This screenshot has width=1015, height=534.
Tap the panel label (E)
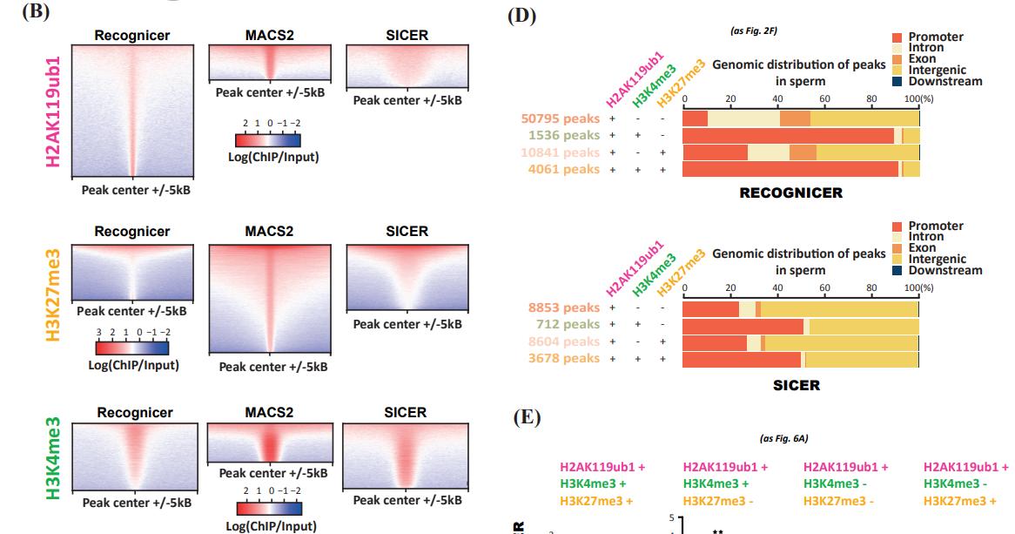(528, 418)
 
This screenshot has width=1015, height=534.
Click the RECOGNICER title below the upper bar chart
(790, 193)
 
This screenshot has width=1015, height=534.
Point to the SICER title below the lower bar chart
(796, 384)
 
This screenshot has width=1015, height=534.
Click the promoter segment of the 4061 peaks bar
(790, 169)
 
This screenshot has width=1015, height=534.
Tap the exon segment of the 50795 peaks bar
(795, 118)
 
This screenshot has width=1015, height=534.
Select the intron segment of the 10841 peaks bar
(768, 152)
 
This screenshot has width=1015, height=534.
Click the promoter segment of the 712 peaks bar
(743, 326)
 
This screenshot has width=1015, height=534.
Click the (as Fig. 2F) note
(754, 30)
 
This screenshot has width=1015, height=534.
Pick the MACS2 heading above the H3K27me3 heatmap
(269, 232)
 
